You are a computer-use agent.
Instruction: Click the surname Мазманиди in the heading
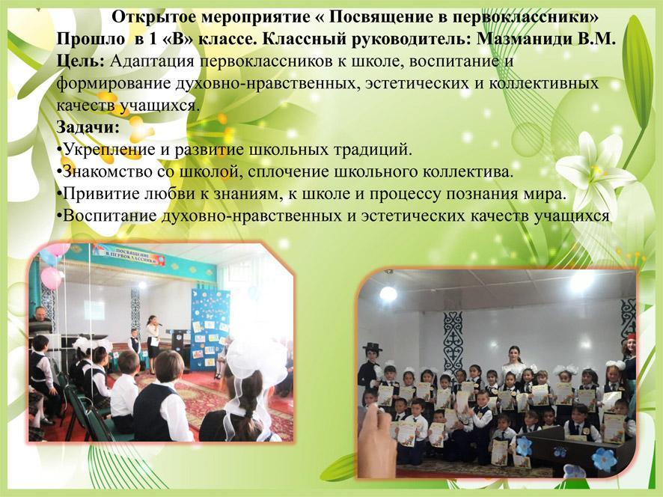pos(524,39)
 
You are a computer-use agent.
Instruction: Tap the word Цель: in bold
pos(80,61)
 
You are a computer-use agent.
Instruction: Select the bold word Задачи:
pos(88,127)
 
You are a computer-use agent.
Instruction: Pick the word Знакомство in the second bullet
pos(106,171)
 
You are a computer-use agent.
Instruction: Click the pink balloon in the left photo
pos(52,278)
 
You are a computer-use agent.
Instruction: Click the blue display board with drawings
pos(210,326)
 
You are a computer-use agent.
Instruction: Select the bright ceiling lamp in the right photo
pos(388,293)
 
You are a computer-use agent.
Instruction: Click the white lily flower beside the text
pos(594,171)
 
